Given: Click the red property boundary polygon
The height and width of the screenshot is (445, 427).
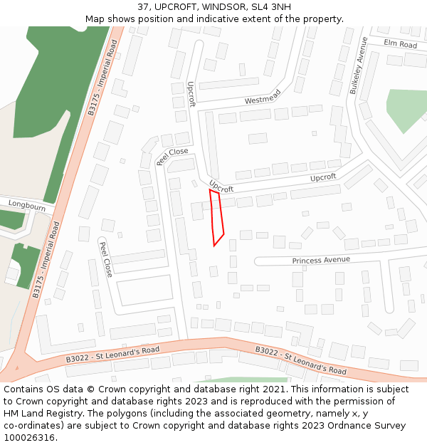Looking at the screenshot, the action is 217,218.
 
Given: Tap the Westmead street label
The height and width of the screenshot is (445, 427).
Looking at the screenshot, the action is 263,97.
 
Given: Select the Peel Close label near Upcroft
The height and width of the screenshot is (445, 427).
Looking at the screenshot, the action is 172,156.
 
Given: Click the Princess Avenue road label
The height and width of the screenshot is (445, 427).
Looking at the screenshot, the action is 321,261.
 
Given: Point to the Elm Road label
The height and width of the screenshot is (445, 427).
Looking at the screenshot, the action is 400,44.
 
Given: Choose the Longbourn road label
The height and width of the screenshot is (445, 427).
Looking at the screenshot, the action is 27,206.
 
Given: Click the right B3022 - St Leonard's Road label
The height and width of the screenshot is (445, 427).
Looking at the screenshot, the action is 301,361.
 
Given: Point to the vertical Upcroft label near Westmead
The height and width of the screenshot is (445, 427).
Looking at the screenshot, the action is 191,93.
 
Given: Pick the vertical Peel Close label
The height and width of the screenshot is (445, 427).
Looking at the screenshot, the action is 106,259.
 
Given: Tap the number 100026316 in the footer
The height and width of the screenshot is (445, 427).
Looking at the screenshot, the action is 28,437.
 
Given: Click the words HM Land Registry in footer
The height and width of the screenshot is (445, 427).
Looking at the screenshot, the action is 37,413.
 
